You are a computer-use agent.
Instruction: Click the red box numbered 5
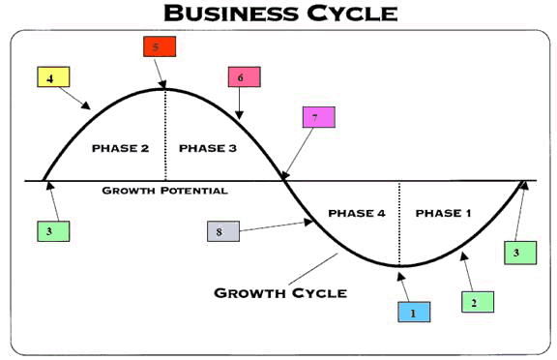pos(160,46)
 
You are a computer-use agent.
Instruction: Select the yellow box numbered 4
pos(53,76)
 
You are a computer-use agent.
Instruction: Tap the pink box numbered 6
pos(244,76)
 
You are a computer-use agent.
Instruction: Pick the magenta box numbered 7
pos(319,117)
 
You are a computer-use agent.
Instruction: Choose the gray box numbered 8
pos(223,231)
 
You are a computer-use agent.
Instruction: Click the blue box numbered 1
pos(414,312)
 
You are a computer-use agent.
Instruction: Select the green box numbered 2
pos(478,302)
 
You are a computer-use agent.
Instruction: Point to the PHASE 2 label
pos(121,148)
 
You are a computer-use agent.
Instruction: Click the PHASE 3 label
pos(208,148)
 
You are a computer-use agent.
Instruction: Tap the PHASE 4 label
pos(357,213)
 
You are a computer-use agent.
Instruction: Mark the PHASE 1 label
pos(443,213)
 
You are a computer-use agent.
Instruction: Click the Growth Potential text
pos(164,191)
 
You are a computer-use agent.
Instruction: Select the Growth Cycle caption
pos(280,293)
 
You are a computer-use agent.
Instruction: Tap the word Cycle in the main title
pos(352,14)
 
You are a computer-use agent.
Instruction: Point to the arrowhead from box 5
pos(162,84)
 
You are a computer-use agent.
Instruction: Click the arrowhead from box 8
pos(308,223)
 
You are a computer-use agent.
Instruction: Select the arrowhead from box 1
pos(401,277)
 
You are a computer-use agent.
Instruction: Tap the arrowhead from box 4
pos(86,105)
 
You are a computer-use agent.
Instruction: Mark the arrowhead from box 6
pos(240,115)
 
